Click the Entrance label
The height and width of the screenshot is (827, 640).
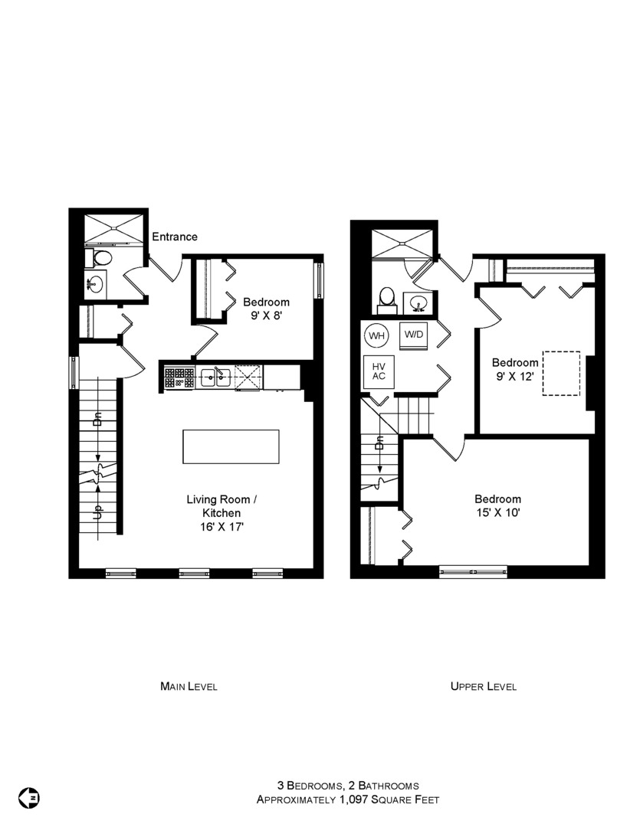click(x=175, y=237)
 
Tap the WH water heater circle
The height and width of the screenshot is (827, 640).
click(x=376, y=335)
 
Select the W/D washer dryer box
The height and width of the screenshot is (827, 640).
click(x=414, y=335)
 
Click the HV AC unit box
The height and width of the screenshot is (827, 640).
click(x=379, y=371)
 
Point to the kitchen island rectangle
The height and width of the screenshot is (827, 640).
click(x=231, y=446)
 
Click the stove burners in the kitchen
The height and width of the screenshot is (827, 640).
click(x=179, y=377)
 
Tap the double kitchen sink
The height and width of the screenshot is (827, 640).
click(x=215, y=377)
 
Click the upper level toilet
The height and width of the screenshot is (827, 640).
click(x=387, y=297)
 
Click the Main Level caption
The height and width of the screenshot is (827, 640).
click(x=189, y=686)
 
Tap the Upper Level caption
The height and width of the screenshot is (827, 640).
click(x=483, y=686)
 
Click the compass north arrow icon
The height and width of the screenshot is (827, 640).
click(x=30, y=797)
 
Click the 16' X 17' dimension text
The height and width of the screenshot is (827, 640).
click(x=222, y=527)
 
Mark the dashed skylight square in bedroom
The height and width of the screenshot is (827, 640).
click(x=562, y=374)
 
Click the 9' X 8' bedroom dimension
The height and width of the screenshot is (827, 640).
click(x=266, y=315)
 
